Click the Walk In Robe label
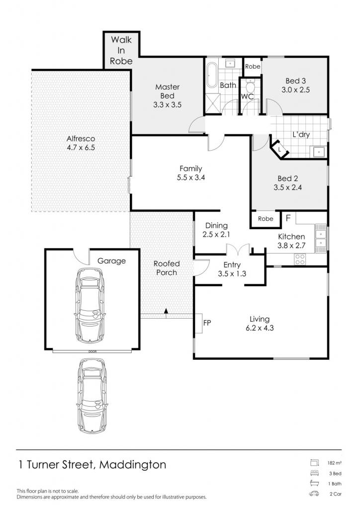(x=121, y=50)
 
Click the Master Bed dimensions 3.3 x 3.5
(x=167, y=104)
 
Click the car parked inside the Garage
(x=90, y=306)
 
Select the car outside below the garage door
(x=92, y=396)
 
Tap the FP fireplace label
(x=207, y=323)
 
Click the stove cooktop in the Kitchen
(x=299, y=258)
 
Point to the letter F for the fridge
(x=288, y=218)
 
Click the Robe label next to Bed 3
(x=253, y=67)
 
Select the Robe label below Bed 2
(x=266, y=219)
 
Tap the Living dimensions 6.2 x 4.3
(x=260, y=328)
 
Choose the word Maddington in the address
(x=133, y=465)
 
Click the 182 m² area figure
(x=334, y=463)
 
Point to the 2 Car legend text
(x=336, y=494)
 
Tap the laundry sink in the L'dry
(x=319, y=151)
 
